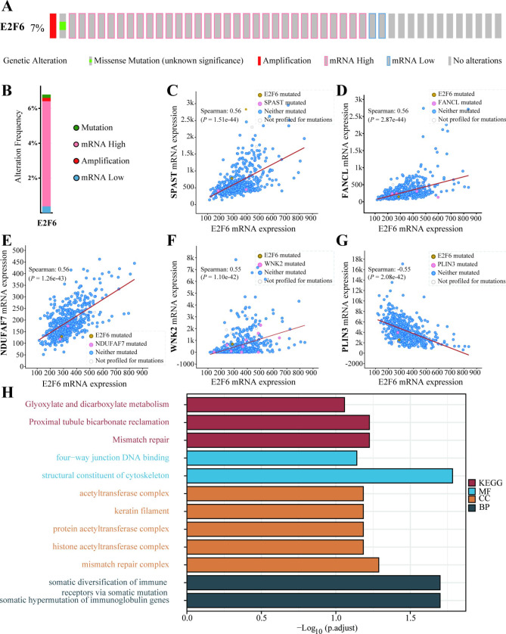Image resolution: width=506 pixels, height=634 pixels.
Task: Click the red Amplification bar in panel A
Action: point(53,26)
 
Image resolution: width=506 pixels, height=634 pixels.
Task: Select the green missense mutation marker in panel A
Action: point(63,26)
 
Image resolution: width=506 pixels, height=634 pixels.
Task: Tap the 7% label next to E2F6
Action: point(37,27)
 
